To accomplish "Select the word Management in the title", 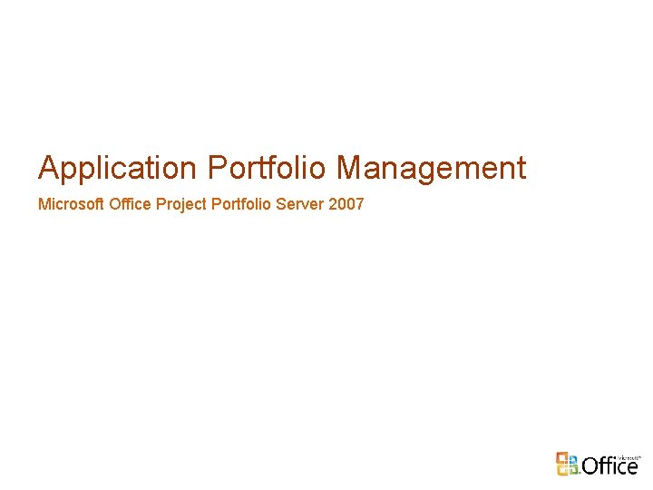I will point(431,169).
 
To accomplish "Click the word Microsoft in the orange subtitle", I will point(72,204).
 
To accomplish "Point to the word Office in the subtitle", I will point(130,204).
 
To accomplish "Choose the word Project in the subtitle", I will point(180,204).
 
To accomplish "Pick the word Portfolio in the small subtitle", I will point(241,204).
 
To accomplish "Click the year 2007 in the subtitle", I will point(346,204).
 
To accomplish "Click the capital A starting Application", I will point(48,169).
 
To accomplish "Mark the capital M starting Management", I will point(349,169).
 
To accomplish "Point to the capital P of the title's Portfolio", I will point(218,169).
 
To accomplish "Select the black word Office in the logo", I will point(610,466).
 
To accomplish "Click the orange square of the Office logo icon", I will point(562,456).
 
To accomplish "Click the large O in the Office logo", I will point(590,466).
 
